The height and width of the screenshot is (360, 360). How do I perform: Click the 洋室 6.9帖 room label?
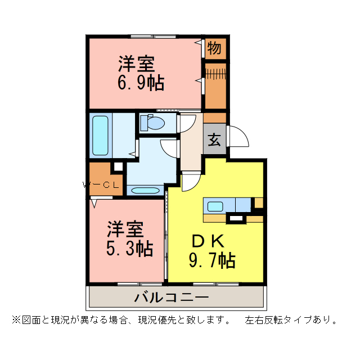pos(141,73)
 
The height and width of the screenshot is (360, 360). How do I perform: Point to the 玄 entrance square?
pos(214,139)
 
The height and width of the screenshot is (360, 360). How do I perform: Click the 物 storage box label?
pos(214,48)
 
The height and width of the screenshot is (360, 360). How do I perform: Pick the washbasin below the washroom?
pos(145,190)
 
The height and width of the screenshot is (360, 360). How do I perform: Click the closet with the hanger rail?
pos(214,84)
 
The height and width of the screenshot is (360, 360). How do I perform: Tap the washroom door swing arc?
pos(169,147)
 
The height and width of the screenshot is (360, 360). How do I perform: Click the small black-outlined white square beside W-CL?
pos(118,166)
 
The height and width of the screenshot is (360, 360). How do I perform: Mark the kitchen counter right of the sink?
pos(242,205)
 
